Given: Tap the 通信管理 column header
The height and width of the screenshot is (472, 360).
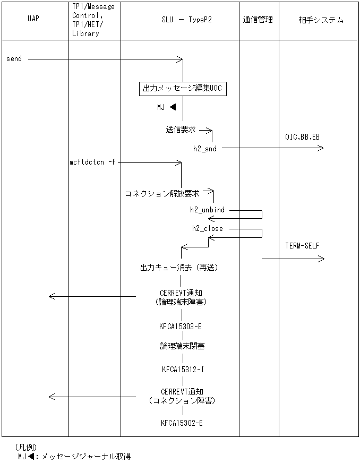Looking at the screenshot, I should tap(258, 20).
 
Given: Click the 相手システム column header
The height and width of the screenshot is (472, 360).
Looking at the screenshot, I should tap(321, 20).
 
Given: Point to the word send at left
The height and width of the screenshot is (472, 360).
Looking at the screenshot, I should tap(14, 59).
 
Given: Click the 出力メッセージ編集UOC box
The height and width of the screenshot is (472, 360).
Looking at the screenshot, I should tap(183, 89).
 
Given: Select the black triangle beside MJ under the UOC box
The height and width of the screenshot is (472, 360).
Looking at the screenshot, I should tap(173, 107).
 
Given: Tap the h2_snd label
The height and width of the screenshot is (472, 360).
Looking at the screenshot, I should tap(204, 149).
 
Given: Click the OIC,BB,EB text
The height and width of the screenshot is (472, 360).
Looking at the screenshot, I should tap(302, 137).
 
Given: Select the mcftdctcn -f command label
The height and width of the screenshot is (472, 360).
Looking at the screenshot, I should tap(92, 162).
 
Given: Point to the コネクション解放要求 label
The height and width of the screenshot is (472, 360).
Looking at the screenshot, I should tap(162, 194).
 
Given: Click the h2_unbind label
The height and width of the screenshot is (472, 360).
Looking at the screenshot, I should tap(207, 210).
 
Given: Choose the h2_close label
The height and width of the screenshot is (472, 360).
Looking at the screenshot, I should tap(207, 228).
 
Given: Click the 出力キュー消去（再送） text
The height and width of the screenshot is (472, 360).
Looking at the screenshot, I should tap(178, 268).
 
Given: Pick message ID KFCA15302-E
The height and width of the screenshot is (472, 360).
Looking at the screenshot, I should tap(182, 423).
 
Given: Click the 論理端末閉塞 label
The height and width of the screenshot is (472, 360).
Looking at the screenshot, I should tap(182, 346).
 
